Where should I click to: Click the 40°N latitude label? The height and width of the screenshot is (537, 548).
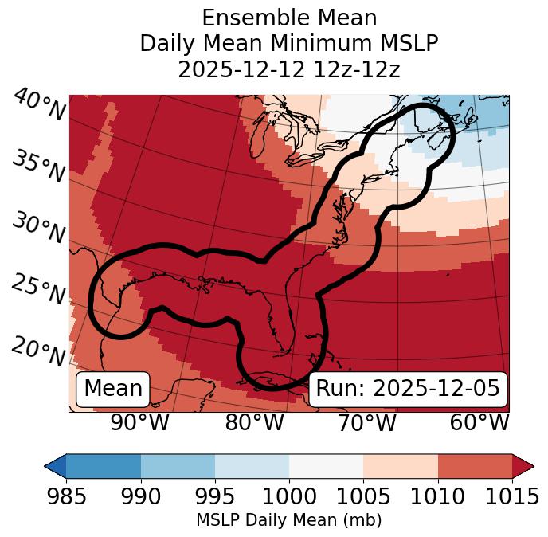click(39, 105)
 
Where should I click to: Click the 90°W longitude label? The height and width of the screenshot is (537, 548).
click(139, 423)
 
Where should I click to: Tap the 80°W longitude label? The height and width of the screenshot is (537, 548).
click(254, 423)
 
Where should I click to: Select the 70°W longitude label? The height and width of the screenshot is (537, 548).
click(366, 423)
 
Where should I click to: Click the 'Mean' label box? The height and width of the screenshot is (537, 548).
click(113, 389)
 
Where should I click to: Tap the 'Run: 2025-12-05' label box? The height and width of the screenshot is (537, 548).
click(408, 389)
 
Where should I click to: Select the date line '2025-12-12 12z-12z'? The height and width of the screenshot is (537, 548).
click(289, 69)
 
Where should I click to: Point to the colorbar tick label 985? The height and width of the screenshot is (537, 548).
click(66, 497)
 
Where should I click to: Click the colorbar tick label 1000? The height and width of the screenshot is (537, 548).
click(289, 497)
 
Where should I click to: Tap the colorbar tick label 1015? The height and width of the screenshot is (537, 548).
click(512, 497)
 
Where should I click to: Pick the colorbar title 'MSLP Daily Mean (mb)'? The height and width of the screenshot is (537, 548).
click(289, 521)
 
